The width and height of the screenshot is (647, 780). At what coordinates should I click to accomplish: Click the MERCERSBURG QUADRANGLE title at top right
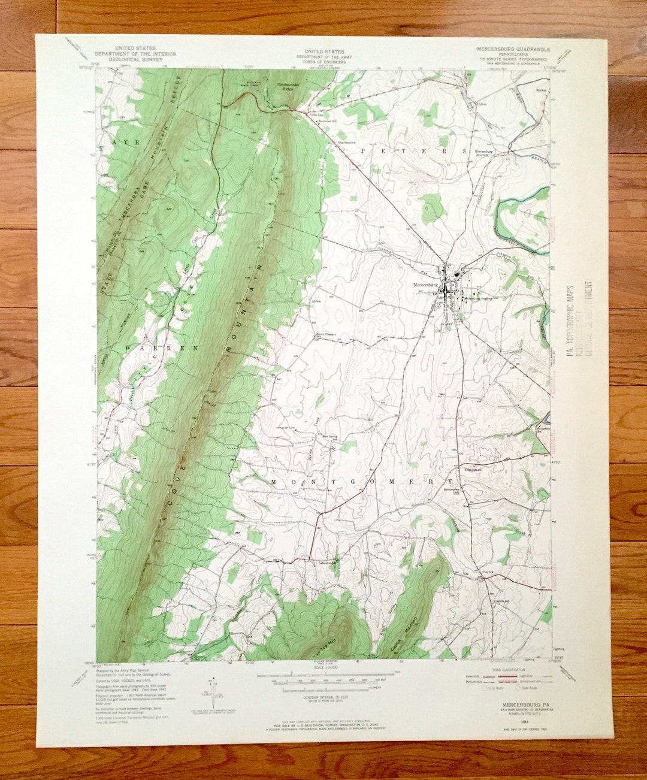[x=513, y=48]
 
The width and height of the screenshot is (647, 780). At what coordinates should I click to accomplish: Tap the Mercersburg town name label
[x=427, y=285]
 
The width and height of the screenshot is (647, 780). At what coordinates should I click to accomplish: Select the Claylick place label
[x=489, y=572]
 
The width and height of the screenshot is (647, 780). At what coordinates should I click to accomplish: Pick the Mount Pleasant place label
[x=326, y=334]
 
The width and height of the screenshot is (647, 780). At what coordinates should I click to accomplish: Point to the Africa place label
[x=316, y=301]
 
